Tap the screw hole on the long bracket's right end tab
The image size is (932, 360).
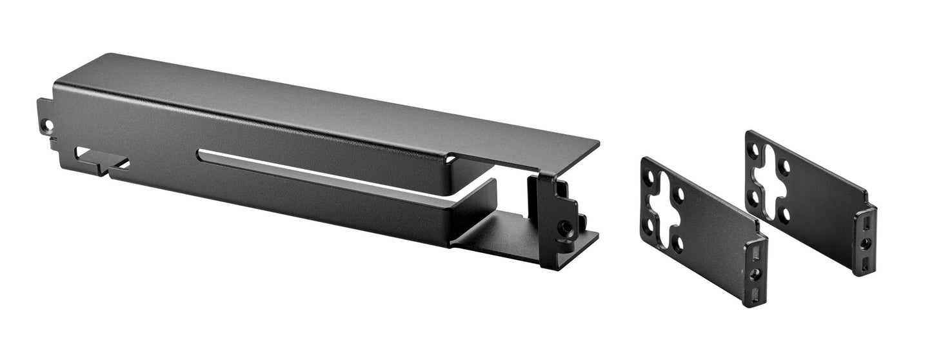pos(566,227)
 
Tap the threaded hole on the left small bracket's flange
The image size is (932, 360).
pos(756,273)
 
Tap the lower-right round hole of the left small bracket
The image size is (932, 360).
pos(677,243)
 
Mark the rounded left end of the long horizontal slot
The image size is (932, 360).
pos(202,154)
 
